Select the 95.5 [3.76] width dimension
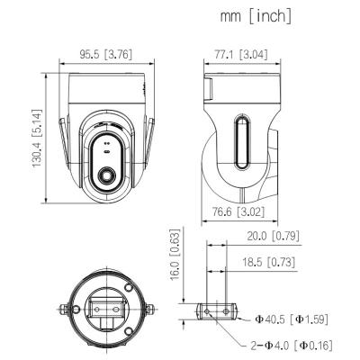[x=105, y=54]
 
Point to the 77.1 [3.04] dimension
[x=240, y=54]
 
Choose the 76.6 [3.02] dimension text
[x=238, y=212]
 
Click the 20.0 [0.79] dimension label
[x=273, y=237]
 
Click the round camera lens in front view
[x=107, y=175]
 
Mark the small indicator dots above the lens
[x=107, y=142]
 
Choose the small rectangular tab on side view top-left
[x=206, y=89]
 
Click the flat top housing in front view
[x=106, y=90]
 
